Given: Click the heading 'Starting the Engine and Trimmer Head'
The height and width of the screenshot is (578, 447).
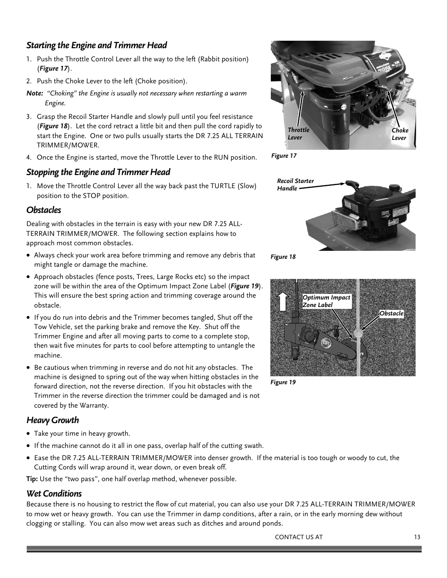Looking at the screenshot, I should coord(97,45).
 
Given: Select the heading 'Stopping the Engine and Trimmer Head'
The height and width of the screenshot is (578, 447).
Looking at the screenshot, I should coord(98,172).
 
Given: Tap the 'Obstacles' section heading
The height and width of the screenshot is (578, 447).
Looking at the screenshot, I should coord(44,210).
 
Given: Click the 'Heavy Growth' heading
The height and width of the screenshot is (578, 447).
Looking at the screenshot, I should coord(52,420).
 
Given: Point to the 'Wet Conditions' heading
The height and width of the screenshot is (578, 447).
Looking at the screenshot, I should coord(54,494).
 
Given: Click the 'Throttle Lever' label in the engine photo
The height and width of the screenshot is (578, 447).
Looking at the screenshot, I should coord(298,134).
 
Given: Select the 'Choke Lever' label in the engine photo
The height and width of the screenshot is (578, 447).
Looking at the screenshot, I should coord(400,134).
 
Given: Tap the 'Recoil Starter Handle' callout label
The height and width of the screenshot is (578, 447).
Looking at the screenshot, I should coord(295,185).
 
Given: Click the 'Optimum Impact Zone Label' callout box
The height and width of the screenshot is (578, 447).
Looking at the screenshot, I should coord(326,301).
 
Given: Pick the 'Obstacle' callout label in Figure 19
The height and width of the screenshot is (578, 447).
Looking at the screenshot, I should coord(391,314).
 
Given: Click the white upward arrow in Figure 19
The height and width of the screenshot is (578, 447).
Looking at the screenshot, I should coord(283,300).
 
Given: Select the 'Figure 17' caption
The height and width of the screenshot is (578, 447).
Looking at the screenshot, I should coord(284,156).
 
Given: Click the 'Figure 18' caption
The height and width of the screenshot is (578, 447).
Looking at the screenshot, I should coord(283,257).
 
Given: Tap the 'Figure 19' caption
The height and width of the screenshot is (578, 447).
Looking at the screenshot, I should coord(283,382).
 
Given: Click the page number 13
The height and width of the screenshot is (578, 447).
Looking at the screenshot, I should coord(417,537).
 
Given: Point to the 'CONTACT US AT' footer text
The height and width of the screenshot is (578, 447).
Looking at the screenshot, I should coord(298,537).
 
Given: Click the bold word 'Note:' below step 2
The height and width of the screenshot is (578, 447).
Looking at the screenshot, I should coord(35,94).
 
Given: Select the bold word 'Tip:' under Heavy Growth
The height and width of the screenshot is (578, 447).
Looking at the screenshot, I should coord(32,479).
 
